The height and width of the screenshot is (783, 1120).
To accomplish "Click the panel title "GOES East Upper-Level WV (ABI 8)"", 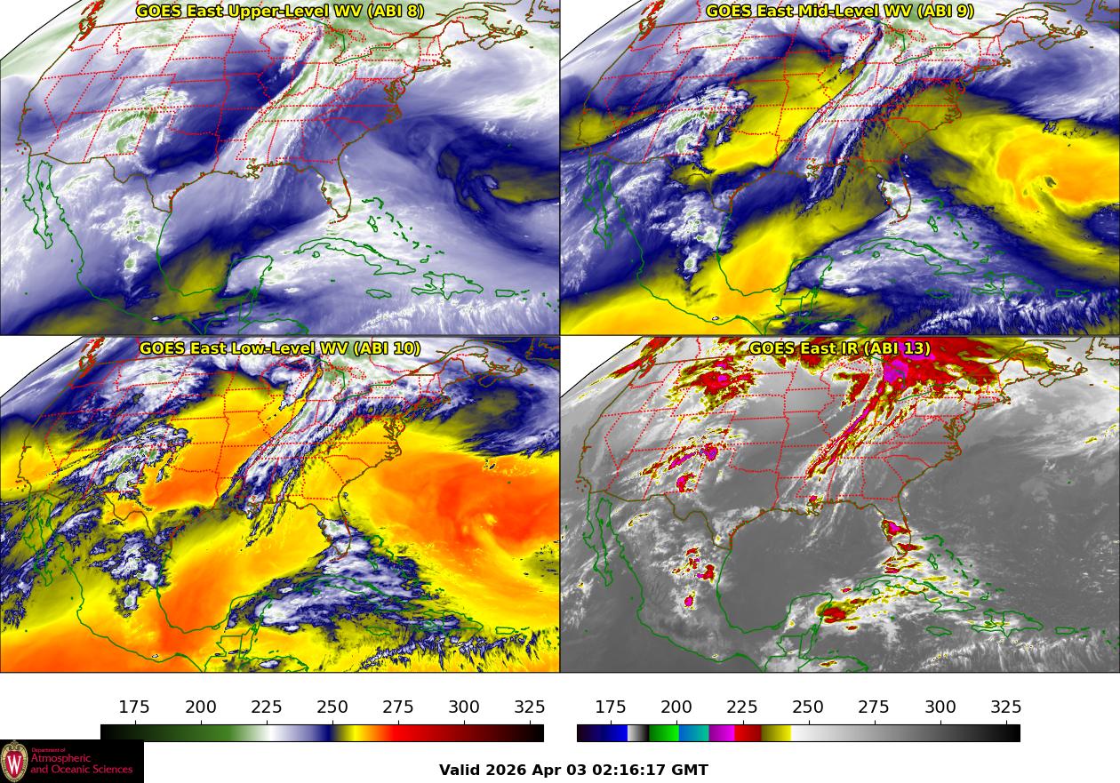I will [279, 12].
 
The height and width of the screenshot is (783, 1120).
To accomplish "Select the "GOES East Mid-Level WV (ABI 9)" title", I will [839, 12].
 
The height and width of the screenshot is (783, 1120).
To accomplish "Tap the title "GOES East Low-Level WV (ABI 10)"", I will [279, 348].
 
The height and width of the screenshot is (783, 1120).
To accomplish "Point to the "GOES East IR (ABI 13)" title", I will [839, 348].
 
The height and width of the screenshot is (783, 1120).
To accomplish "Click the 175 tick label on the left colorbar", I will [134, 707].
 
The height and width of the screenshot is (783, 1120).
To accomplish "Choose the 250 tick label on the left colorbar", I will [332, 707].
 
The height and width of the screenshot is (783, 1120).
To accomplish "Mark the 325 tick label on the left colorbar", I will [530, 707].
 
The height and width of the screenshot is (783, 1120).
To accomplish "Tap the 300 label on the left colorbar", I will [464, 707].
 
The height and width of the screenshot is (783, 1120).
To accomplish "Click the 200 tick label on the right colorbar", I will [676, 707].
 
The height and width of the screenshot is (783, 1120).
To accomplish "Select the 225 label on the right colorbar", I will [742, 707].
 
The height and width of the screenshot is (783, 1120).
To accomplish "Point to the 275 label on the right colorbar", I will [874, 707].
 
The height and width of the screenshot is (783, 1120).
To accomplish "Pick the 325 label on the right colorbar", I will [1006, 707].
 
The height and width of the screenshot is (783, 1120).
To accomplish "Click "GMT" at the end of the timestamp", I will [690, 771].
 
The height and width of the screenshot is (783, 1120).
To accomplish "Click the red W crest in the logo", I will [14, 762].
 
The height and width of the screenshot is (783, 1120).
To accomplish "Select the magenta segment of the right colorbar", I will [721, 733].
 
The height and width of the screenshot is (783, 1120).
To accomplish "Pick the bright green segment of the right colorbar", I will [663, 733].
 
